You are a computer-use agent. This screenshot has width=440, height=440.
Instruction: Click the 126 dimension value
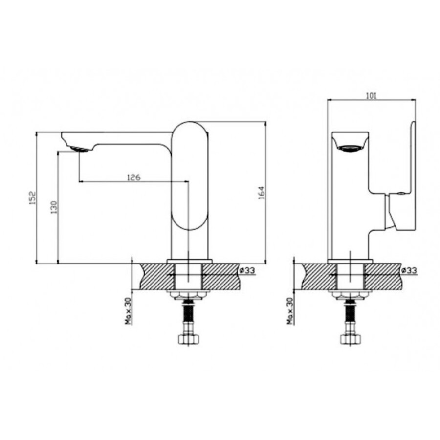(x=133, y=177)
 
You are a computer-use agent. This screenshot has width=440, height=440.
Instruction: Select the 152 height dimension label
(x=33, y=198)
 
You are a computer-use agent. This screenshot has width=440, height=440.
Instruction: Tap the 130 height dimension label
(x=54, y=207)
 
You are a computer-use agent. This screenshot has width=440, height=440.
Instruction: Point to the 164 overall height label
(x=261, y=193)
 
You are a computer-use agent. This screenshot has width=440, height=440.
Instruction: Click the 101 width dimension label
(x=371, y=96)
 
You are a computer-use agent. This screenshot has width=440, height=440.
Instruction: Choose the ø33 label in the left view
(x=247, y=270)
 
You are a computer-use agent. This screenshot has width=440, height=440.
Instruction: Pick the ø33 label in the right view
(x=409, y=270)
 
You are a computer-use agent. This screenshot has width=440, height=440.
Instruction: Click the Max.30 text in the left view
(x=128, y=311)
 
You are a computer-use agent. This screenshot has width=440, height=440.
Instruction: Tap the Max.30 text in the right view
(x=290, y=311)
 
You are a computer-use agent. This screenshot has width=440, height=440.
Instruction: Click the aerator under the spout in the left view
(x=80, y=149)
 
